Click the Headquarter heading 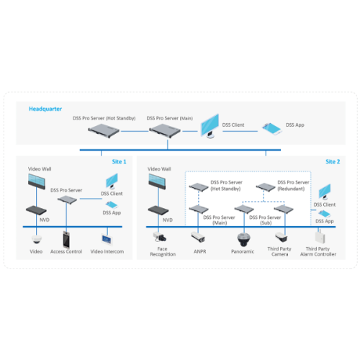pyautogui.click(x=45, y=109)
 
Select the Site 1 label pyautogui.click(x=119, y=162)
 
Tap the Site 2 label pyautogui.click(x=332, y=162)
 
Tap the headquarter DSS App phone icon pyautogui.click(x=273, y=126)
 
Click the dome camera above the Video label pyautogui.click(x=37, y=238)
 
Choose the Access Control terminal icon pyautogui.click(x=68, y=238)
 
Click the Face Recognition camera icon pyautogui.click(x=158, y=236)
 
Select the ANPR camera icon pyautogui.click(x=199, y=238)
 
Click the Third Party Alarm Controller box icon pyautogui.click(x=318, y=235)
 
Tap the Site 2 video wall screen pyautogui.click(x=158, y=181)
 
